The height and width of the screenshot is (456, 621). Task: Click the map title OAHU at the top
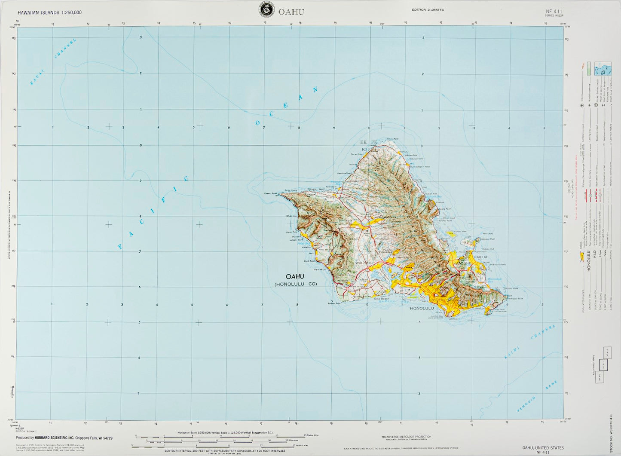pyautogui.click(x=294, y=12)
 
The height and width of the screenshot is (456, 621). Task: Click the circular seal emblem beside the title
pyautogui.click(x=266, y=10)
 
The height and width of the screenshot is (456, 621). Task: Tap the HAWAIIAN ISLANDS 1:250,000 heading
pyautogui.click(x=50, y=12)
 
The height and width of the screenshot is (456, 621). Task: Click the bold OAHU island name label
pyautogui.click(x=295, y=276)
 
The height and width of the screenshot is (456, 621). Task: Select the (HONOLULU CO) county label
pyautogui.click(x=296, y=284)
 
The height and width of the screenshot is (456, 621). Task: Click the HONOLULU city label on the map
pyautogui.click(x=422, y=309)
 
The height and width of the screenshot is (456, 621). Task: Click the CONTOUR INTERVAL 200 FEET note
pyautogui.click(x=224, y=451)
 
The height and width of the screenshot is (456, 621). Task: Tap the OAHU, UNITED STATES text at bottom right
pyautogui.click(x=543, y=447)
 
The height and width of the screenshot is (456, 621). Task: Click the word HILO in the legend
pyautogui.click(x=595, y=254)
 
